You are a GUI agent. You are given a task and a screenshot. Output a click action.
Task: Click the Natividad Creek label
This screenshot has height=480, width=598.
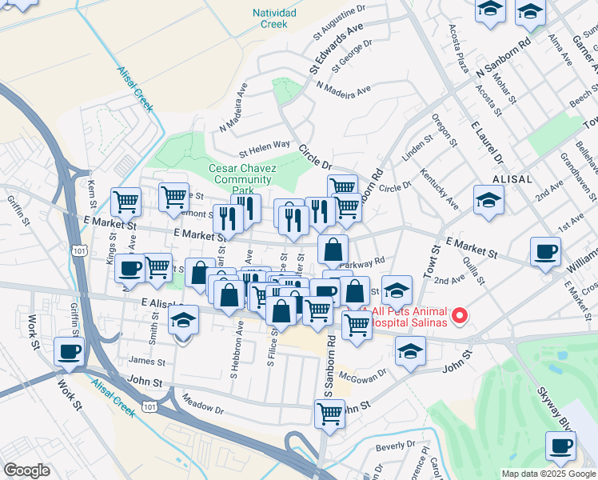click(274, 18)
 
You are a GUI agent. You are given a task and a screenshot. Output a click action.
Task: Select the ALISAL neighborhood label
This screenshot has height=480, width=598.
click(512, 180)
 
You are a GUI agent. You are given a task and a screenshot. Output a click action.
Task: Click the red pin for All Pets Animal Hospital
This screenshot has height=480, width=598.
click(460, 317)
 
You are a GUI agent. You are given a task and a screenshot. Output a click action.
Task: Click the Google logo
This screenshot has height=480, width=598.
click(26, 470)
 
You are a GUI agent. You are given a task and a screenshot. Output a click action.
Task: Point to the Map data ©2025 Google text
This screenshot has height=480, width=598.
click(548, 474)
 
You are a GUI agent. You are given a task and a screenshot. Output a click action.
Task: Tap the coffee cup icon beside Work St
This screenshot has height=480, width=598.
click(69, 351)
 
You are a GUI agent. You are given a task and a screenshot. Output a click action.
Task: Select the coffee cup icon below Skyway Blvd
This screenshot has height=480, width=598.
click(560, 445)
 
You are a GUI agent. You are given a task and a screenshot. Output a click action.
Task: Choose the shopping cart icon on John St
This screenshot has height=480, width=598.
click(329, 413)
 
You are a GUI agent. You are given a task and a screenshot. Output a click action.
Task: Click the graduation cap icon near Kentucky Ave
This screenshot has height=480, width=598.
click(488, 200)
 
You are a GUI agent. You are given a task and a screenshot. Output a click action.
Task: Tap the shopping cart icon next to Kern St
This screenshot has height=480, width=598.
click(126, 202)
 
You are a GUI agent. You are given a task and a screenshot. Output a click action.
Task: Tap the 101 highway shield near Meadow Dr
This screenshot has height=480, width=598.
click(149, 407)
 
